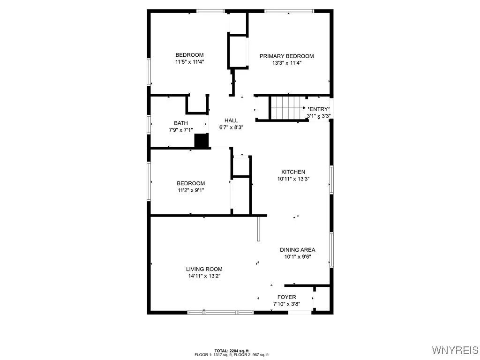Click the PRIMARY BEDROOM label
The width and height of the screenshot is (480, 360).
287,56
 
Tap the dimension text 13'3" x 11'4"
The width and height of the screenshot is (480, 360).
287,63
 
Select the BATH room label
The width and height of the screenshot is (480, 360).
181,123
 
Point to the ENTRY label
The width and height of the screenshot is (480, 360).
319,109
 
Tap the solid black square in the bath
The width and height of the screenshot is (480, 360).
201,141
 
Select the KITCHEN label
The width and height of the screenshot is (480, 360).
293,172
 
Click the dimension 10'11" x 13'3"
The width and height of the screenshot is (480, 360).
293,179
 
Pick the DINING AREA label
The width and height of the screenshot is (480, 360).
297,250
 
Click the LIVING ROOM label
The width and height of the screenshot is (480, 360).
204,269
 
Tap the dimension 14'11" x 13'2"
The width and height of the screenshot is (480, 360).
204,276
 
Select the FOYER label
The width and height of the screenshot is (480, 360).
286,297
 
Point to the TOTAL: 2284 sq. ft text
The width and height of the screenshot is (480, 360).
232,351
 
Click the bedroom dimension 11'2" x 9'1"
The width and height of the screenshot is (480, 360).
190,190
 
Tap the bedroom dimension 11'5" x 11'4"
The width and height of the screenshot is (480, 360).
189,61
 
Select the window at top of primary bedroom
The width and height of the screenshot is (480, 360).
289,10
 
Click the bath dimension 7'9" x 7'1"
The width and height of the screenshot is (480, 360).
181,130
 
